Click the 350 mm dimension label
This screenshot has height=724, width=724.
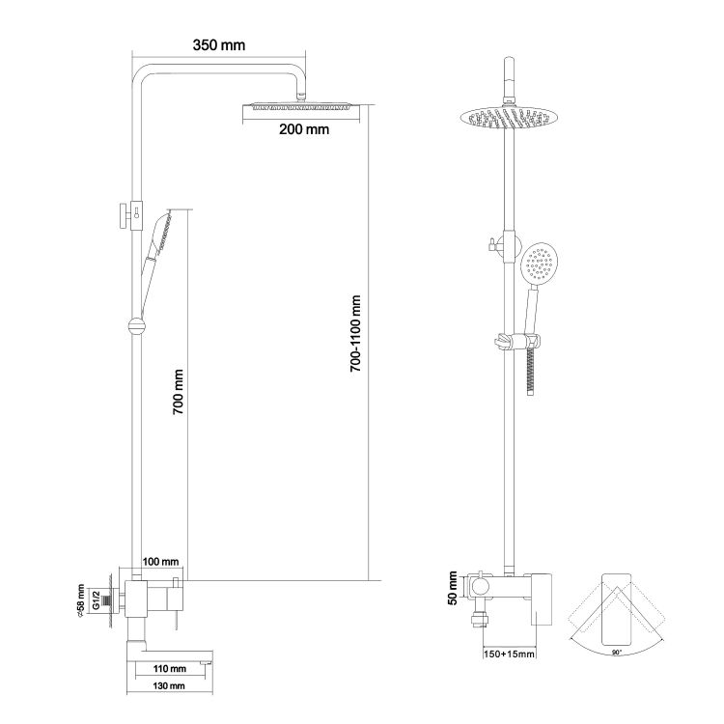tap(219, 45)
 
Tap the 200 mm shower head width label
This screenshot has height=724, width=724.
tap(304, 129)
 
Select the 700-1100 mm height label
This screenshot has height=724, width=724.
tap(355, 334)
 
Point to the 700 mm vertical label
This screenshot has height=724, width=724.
tap(179, 392)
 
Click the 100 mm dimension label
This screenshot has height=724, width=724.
tap(160, 562)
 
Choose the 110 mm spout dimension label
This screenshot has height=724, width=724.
tap(170, 669)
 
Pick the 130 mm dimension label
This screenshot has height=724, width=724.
tap(169, 686)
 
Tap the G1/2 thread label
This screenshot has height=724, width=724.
tap(96, 599)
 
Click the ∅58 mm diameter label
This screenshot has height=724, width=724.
tap(81, 600)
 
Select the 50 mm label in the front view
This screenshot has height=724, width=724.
tap(452, 588)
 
